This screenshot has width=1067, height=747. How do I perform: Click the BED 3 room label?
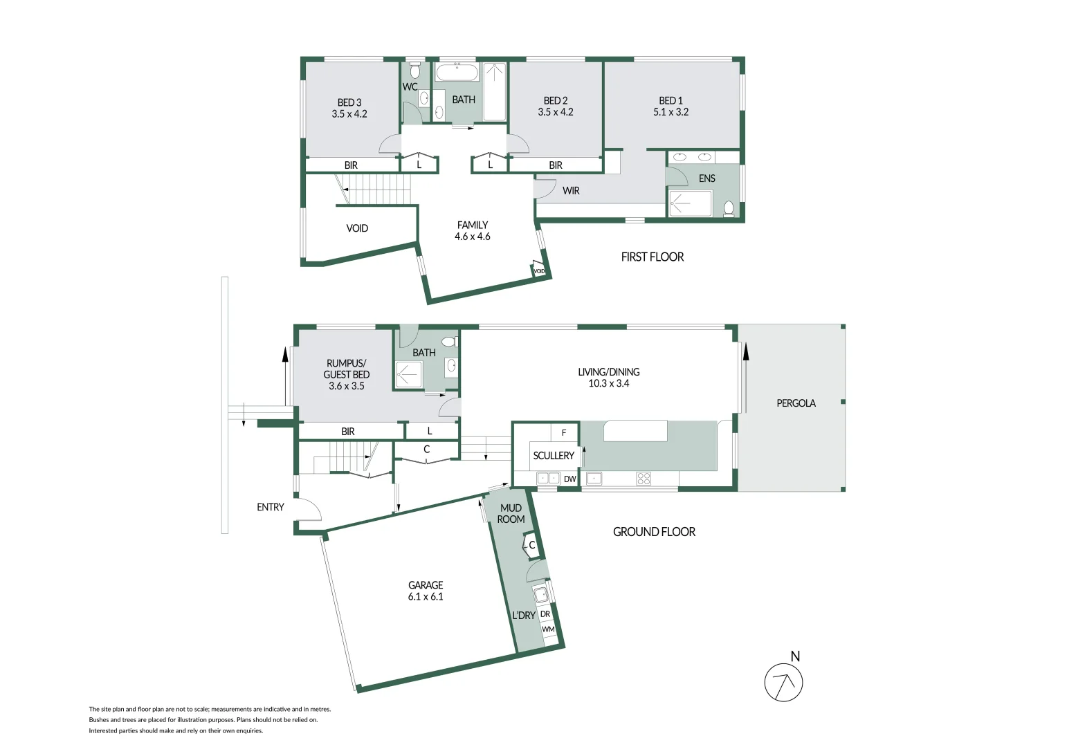pyautogui.click(x=349, y=102)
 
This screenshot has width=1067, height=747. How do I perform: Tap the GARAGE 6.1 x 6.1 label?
pyautogui.click(x=426, y=591)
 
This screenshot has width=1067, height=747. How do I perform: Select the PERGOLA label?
pyautogui.click(x=796, y=403)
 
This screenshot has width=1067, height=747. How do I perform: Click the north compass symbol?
pyautogui.click(x=783, y=683)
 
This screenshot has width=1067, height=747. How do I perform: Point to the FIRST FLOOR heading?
pyautogui.click(x=652, y=257)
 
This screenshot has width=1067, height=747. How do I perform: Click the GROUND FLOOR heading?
pyautogui.click(x=654, y=532)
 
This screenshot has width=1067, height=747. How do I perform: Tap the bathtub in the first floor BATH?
pyautogui.click(x=457, y=73)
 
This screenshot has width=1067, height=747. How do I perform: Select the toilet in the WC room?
pyautogui.click(x=415, y=71)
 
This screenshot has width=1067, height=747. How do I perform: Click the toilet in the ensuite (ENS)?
pyautogui.click(x=729, y=207)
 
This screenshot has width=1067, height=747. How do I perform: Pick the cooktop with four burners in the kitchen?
pyautogui.click(x=644, y=478)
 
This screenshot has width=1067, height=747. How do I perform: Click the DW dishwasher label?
pyautogui.click(x=569, y=479)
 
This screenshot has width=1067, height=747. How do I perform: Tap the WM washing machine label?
pyautogui.click(x=548, y=629)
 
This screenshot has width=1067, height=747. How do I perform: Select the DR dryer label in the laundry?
pyautogui.click(x=545, y=614)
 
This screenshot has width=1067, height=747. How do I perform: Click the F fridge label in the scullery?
pyautogui.click(x=564, y=433)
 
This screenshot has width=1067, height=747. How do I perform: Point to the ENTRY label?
pyautogui.click(x=270, y=507)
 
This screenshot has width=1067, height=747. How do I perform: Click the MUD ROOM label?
pyautogui.click(x=511, y=514)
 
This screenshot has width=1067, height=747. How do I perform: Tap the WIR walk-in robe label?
pyautogui.click(x=571, y=191)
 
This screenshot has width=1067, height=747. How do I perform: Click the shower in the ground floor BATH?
pyautogui.click(x=408, y=375)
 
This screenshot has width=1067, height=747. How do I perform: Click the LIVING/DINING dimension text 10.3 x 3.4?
pyautogui.click(x=609, y=384)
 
